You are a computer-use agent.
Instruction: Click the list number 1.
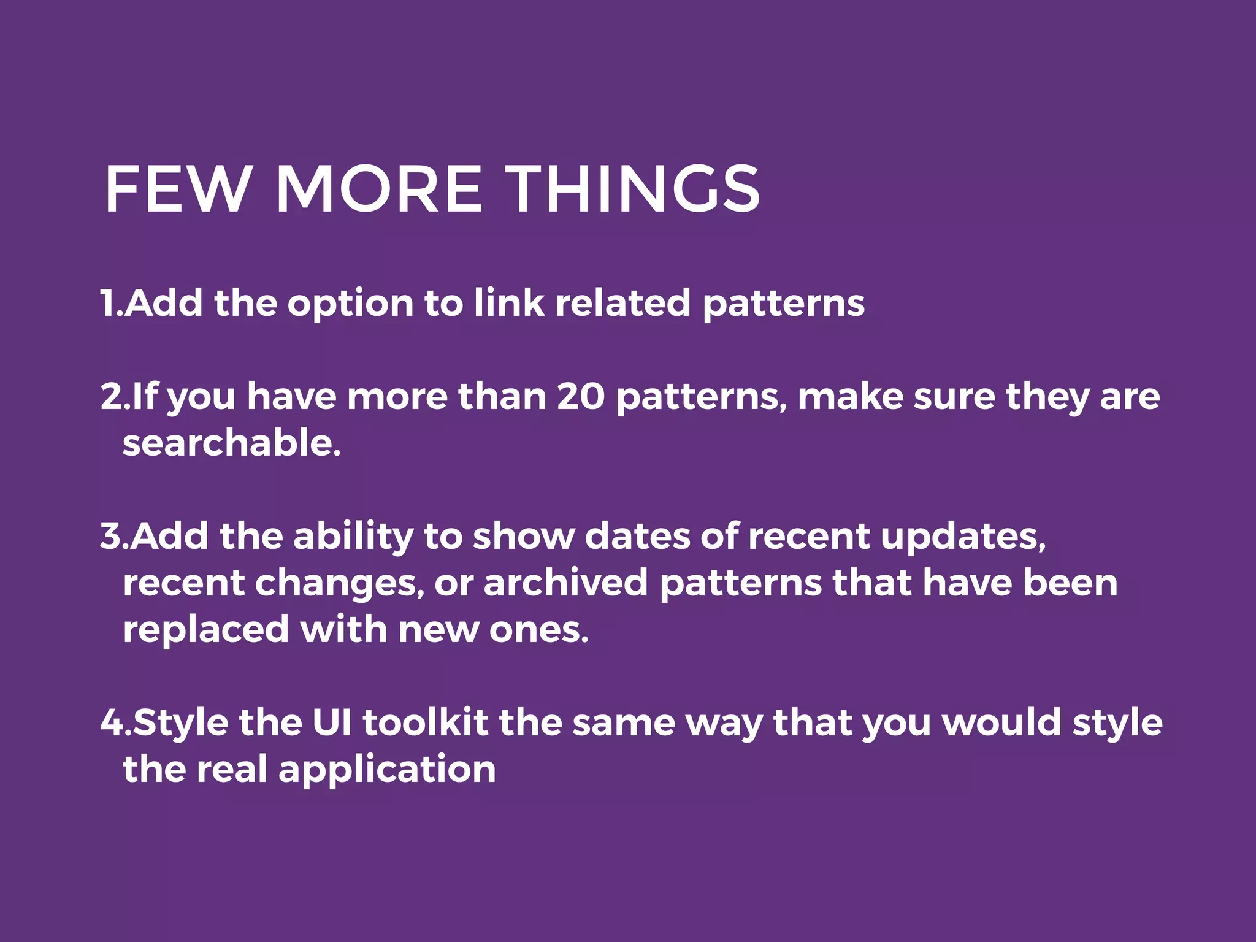109,303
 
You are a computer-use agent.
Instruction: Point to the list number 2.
112,396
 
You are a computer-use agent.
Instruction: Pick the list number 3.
112,536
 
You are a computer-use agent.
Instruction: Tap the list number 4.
113,722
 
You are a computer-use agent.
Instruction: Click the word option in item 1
350,304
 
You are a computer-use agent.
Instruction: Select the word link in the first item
508,303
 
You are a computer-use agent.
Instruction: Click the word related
622,303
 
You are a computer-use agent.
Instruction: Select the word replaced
205,630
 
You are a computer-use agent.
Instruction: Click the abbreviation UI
332,722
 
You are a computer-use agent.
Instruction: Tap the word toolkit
426,722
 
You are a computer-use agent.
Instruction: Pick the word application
387,770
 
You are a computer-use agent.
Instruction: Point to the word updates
963,537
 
